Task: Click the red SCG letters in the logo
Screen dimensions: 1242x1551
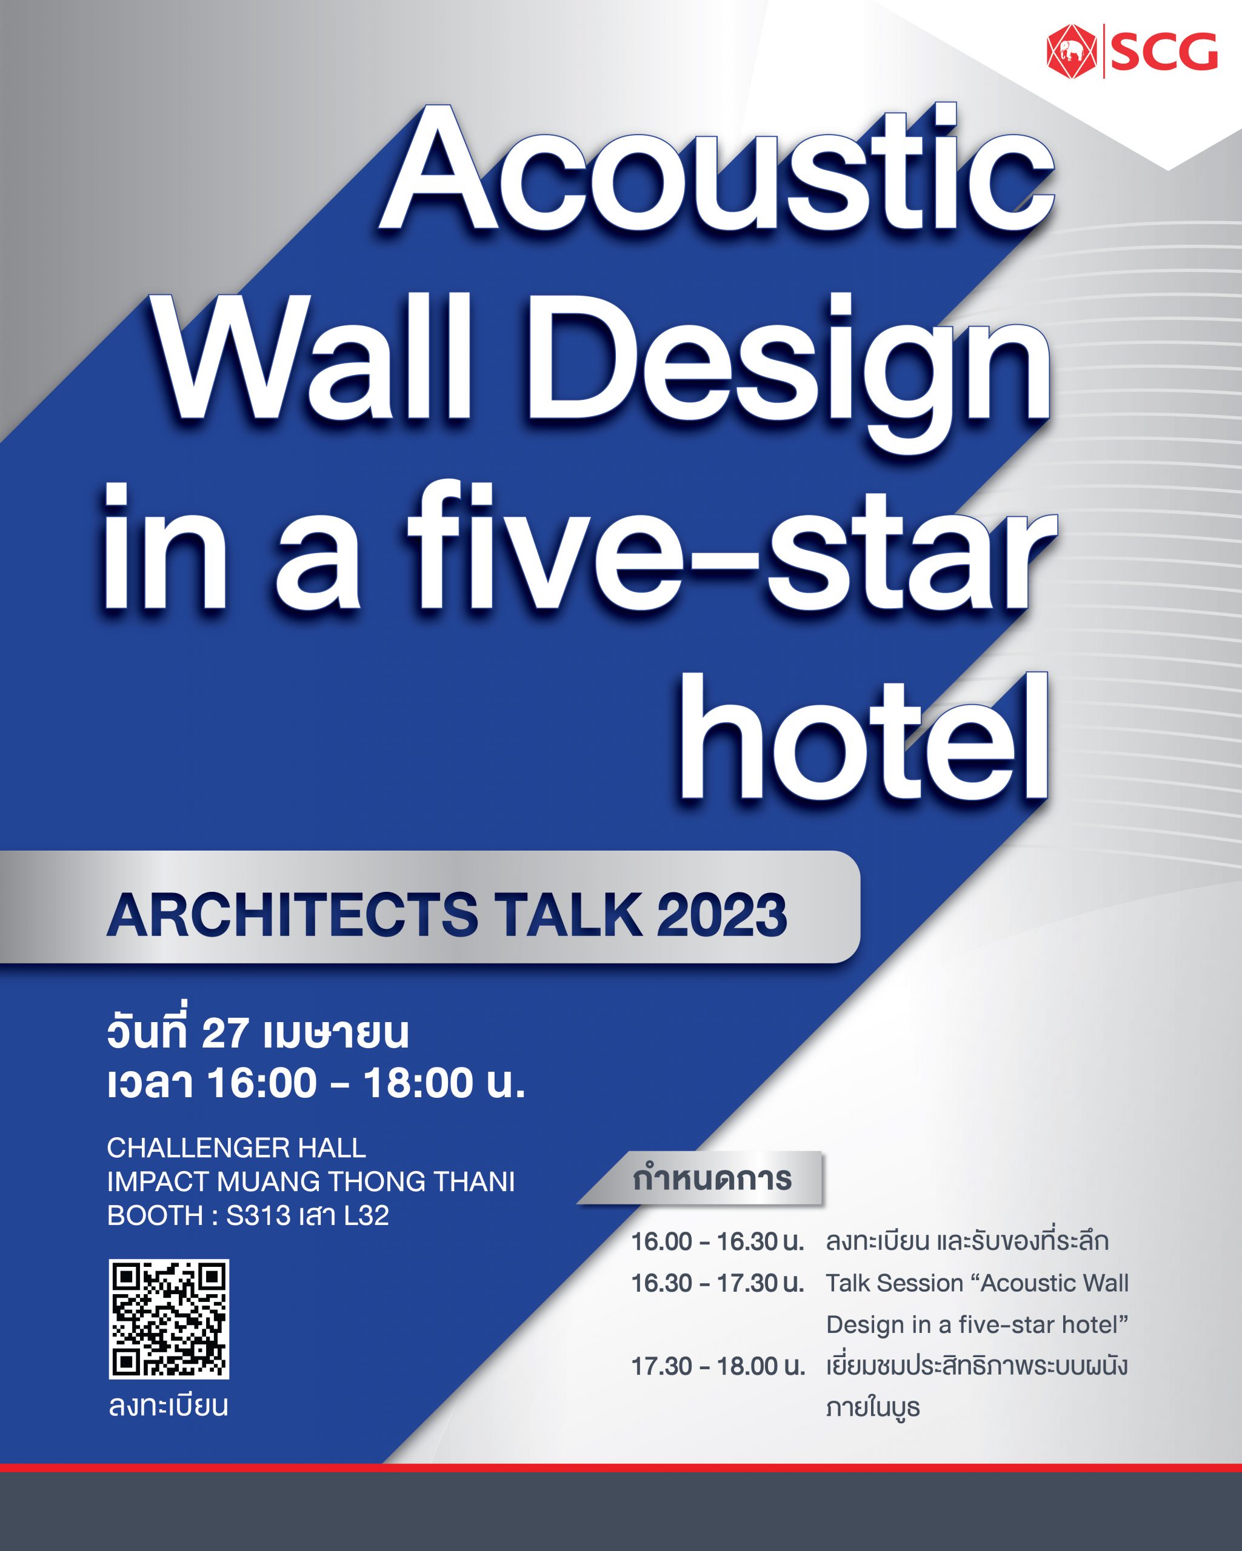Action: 1164,51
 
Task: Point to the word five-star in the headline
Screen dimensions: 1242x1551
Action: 732,548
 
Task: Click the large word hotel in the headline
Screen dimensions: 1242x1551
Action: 864,736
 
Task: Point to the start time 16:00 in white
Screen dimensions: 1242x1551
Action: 262,1083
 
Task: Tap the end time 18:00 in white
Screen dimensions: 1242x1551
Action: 419,1083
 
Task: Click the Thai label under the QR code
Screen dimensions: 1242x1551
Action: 169,1405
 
